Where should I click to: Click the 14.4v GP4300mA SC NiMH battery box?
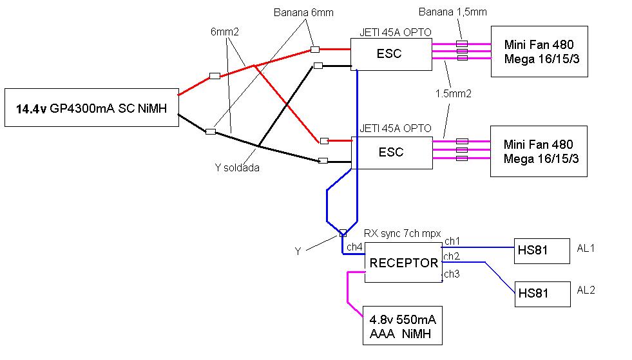pos(91,108)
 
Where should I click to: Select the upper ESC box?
pos(390,54)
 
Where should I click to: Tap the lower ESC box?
pos(390,153)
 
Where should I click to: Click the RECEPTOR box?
pos(403,263)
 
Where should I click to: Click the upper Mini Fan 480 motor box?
pos(539,52)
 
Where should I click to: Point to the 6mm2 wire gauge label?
pos(225,31)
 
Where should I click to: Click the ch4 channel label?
pos(354,247)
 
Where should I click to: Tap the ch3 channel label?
pos(452,274)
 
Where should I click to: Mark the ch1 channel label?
pos(452,241)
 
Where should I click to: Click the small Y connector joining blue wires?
pos(343,233)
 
